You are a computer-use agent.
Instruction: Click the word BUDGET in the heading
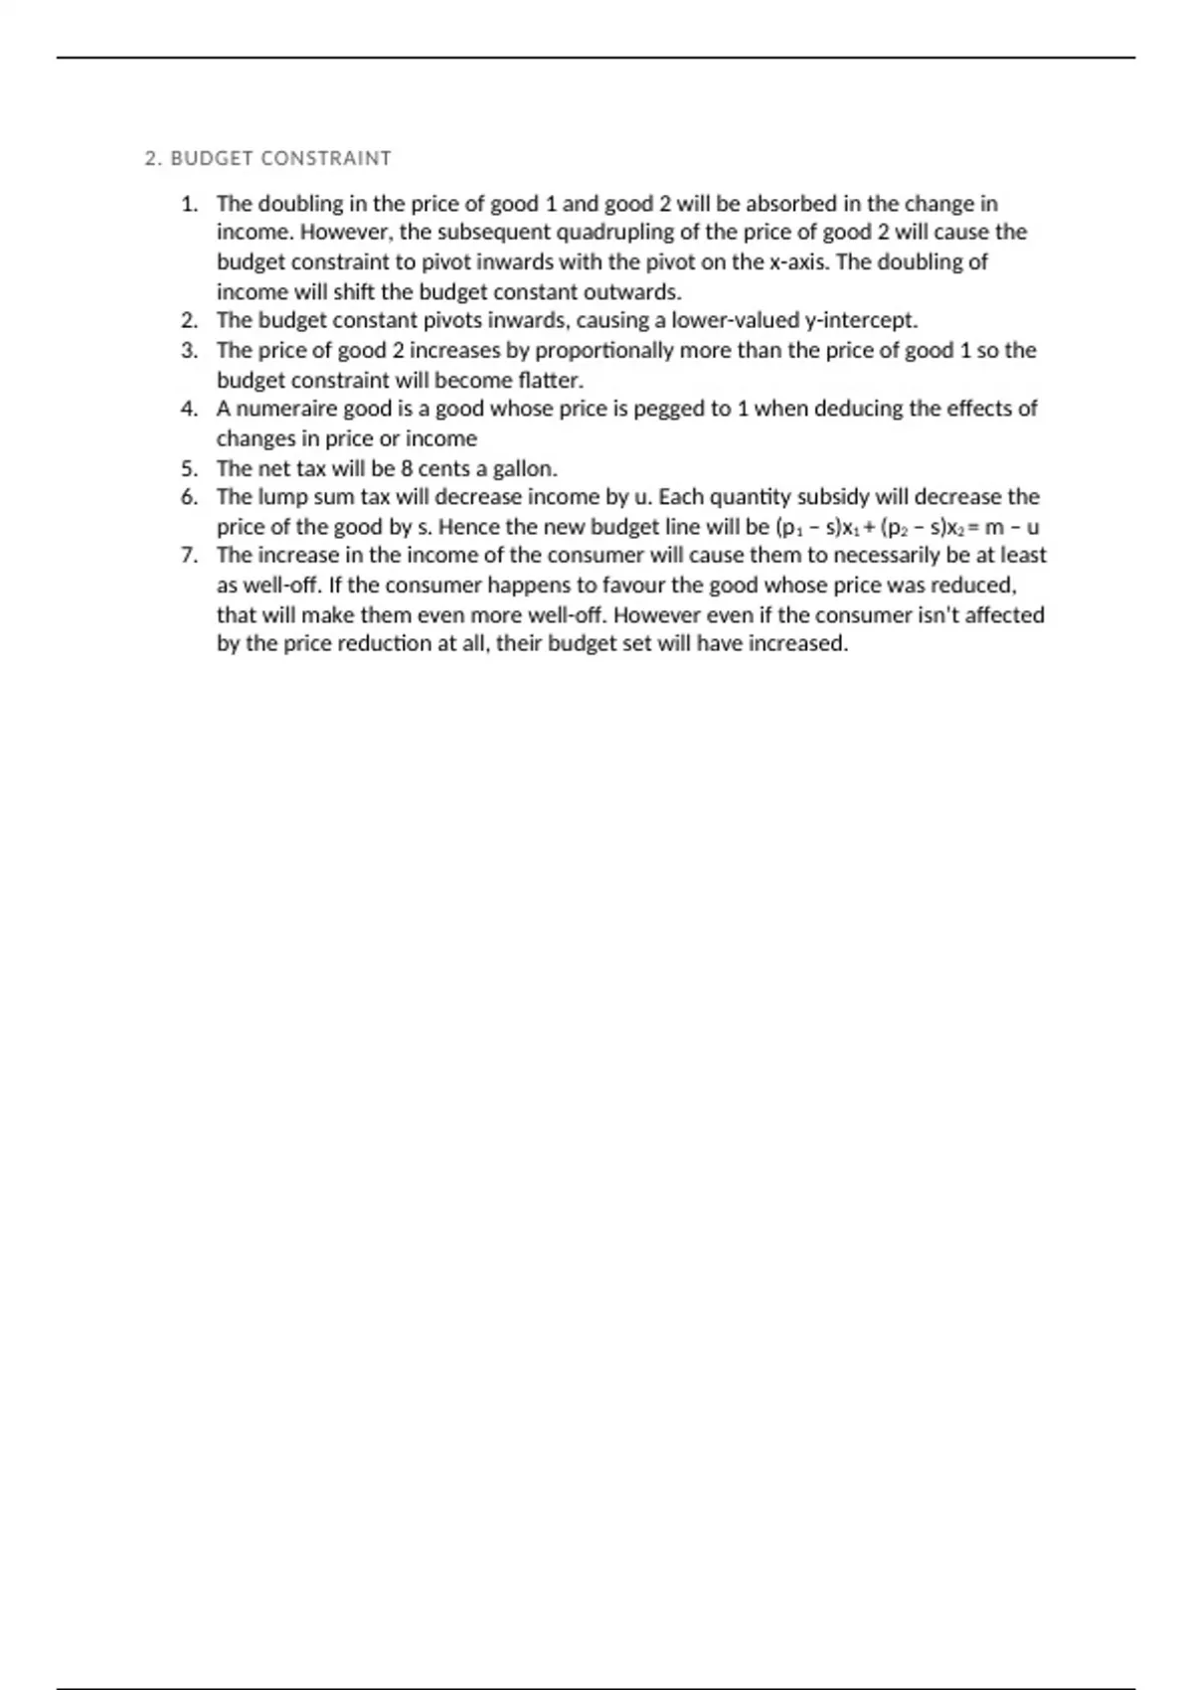tap(212, 159)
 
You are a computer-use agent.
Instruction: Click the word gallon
tap(525, 468)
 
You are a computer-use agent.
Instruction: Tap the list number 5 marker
tap(189, 468)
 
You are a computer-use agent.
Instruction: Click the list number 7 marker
tap(189, 556)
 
